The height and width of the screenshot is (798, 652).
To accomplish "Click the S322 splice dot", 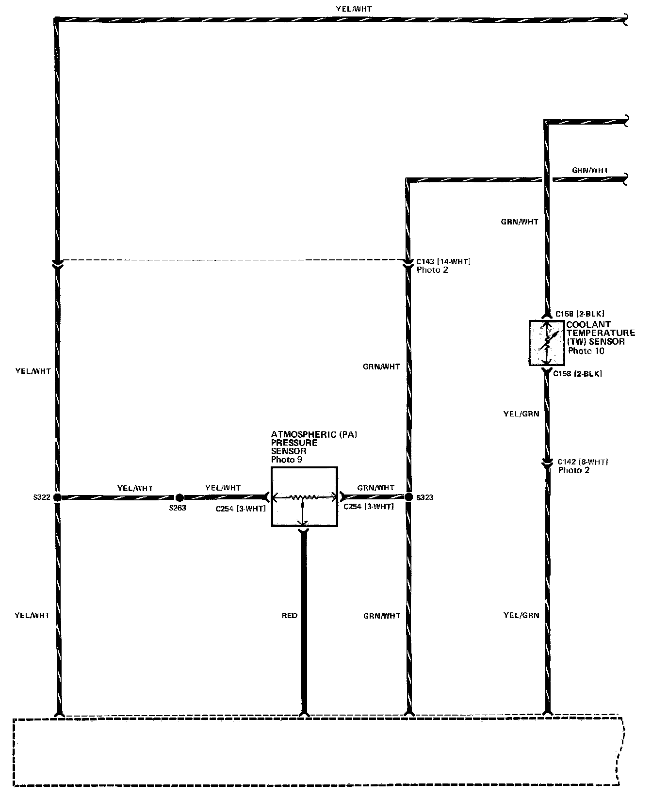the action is click(57, 497).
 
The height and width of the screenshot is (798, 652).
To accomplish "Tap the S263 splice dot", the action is click(179, 497).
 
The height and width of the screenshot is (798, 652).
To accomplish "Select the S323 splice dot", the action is click(408, 497).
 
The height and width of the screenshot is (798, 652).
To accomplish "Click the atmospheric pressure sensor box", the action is click(304, 497).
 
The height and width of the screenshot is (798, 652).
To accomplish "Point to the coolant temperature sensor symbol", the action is click(547, 343).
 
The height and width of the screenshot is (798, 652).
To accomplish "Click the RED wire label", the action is click(290, 616).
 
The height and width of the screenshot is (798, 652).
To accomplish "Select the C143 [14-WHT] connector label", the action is click(443, 262).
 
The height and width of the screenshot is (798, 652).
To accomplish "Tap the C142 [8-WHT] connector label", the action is click(583, 462).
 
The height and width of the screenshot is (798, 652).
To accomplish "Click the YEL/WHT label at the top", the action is click(354, 9).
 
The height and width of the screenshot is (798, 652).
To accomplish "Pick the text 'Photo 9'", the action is click(287, 460).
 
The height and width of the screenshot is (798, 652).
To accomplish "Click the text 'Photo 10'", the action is click(586, 351).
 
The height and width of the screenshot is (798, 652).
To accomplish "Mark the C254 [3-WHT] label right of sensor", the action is click(368, 507).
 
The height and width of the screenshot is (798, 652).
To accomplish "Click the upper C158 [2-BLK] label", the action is click(580, 314).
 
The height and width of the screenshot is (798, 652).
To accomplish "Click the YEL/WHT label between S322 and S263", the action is click(135, 488).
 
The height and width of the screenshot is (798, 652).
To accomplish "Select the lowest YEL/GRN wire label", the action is click(522, 616).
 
